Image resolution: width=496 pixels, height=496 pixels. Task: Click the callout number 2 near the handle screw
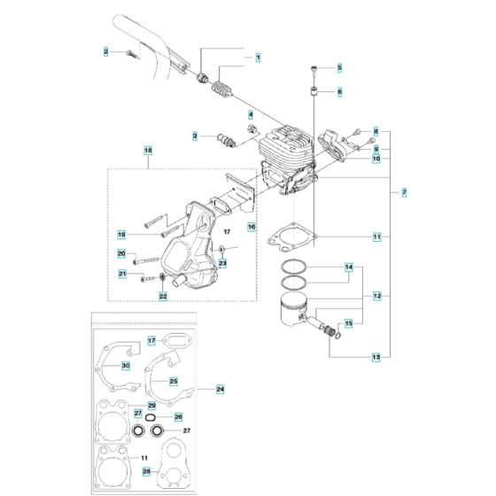point(105,53)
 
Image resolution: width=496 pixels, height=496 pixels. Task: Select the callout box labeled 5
point(339,67)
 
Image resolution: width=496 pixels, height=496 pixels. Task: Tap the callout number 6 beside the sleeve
point(339,91)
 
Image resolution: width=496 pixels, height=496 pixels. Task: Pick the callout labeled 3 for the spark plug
point(195,135)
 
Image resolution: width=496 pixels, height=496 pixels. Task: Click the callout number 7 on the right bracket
point(405,192)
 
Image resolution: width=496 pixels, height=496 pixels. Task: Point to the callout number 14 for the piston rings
point(348,267)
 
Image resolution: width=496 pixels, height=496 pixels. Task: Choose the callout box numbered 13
point(376,356)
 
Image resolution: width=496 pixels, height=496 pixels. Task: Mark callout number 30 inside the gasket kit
point(126,365)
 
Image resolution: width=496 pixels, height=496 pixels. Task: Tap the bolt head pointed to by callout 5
point(315,68)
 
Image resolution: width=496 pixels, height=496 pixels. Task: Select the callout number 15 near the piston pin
point(348,324)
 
